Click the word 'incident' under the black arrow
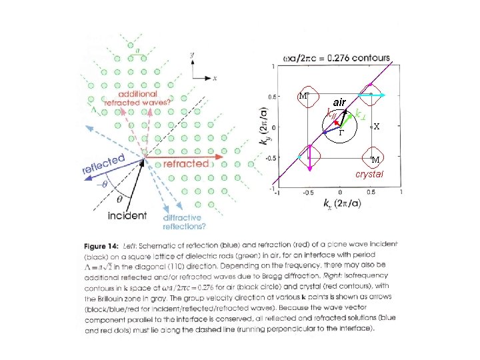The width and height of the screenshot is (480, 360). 127,215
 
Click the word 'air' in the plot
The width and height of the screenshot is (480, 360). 339,103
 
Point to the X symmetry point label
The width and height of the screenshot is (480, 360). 377,126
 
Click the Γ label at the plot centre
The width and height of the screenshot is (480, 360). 340,133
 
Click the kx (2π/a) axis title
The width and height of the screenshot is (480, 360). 340,203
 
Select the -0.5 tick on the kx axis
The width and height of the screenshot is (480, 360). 307,192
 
